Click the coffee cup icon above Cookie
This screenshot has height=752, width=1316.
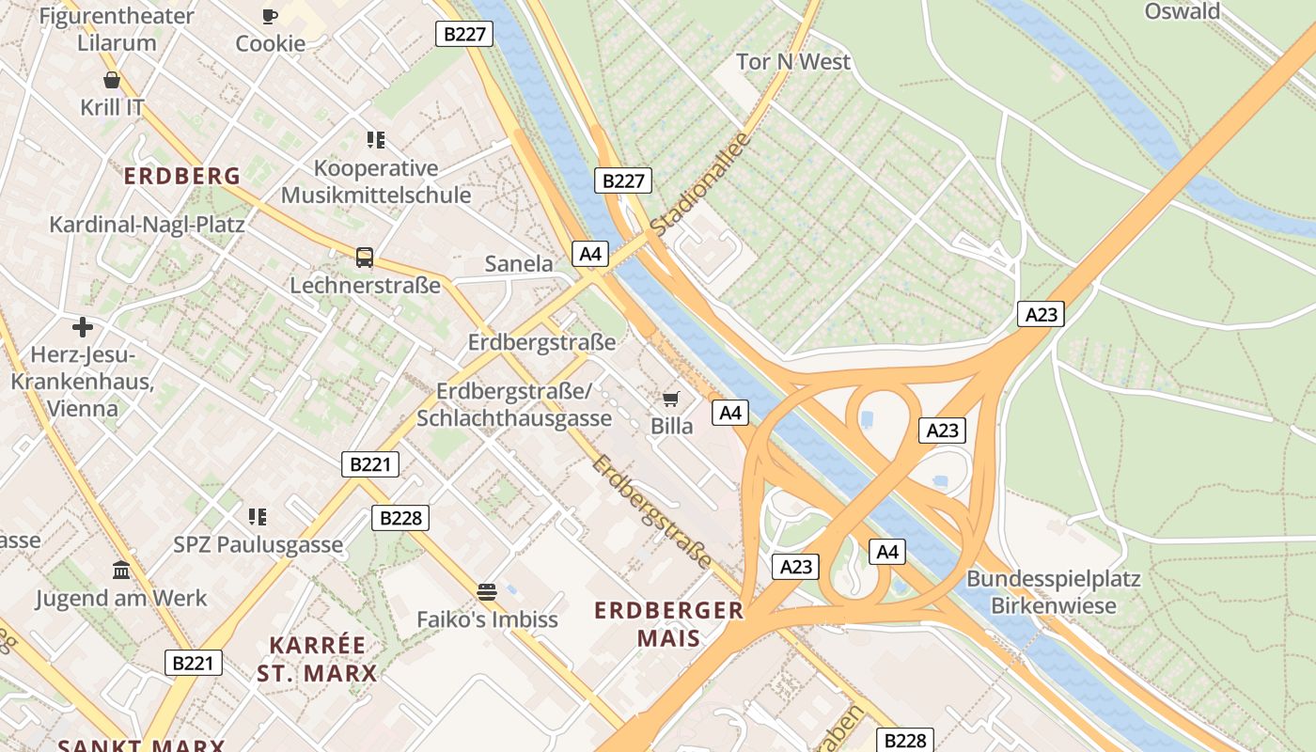[x=270, y=16]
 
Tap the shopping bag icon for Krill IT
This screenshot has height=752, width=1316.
[x=112, y=80]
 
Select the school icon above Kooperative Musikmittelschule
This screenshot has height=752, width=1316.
[x=376, y=140]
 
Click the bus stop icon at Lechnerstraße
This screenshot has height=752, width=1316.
[x=364, y=257]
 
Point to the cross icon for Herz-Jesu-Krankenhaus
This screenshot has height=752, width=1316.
[x=83, y=327]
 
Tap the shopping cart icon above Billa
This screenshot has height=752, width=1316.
[x=671, y=399]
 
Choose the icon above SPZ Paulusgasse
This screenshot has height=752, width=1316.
[x=258, y=516]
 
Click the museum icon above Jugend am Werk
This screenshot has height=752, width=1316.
[x=121, y=570]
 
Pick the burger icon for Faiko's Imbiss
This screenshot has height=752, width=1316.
[x=486, y=591]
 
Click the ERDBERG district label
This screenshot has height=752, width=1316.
[x=182, y=176]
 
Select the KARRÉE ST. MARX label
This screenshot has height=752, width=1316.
[x=317, y=659]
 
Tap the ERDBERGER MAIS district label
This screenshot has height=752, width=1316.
[x=668, y=624]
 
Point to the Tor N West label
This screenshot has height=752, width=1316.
[x=793, y=62]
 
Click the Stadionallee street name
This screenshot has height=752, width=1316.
[x=700, y=184]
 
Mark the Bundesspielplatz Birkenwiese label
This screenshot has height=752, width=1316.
[x=1053, y=592]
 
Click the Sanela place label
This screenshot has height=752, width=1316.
[x=519, y=264]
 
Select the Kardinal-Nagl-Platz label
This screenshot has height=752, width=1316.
[x=147, y=225]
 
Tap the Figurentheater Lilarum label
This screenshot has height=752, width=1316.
[x=117, y=29]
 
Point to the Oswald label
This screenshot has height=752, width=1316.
[x=1182, y=11]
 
